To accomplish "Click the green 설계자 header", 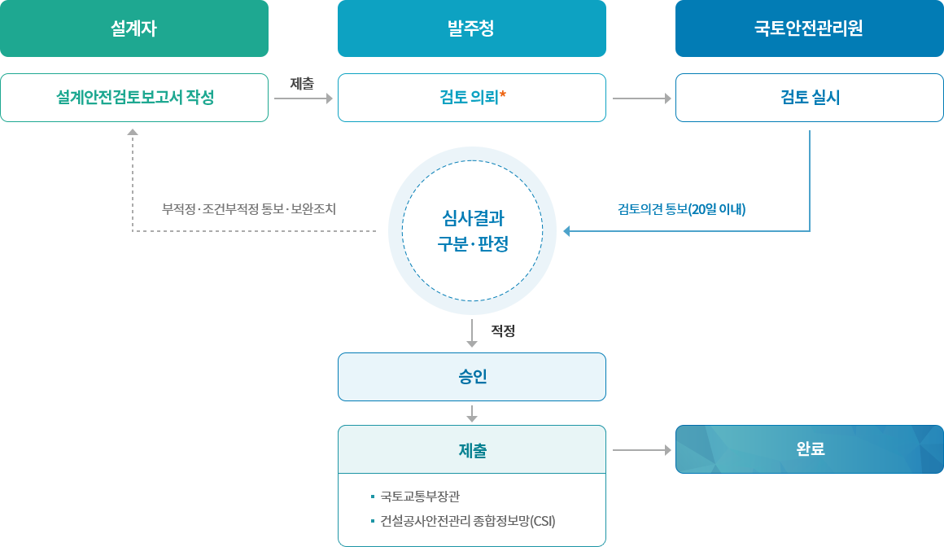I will click(134, 28).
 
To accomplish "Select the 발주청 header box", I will click(471, 28).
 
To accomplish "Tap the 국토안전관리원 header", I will click(809, 28).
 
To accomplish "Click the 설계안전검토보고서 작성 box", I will click(134, 98).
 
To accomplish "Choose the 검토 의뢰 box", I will click(471, 98).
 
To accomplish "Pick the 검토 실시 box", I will click(809, 98).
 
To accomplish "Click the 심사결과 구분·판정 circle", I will click(472, 230).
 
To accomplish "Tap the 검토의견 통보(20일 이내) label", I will click(682, 209).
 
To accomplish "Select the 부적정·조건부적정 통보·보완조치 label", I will click(248, 209).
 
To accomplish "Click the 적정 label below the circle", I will click(502, 331).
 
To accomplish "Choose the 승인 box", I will click(471, 377).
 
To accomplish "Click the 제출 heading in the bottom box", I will click(471, 450).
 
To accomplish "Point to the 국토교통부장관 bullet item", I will click(420, 497).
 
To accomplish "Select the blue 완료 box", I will click(809, 449).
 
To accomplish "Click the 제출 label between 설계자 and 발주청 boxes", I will click(302, 83).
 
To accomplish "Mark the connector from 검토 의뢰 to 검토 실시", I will click(640, 98).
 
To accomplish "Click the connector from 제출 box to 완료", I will click(640, 449).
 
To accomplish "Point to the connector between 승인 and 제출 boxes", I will click(471, 413).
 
